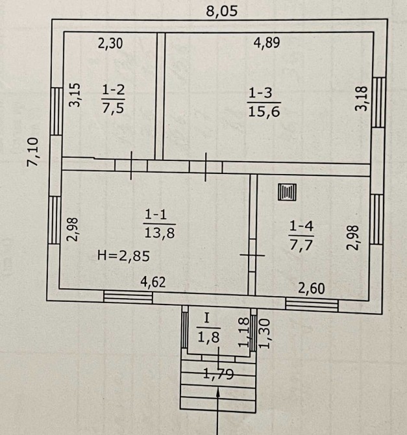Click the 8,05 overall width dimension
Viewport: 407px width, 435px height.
click(x=222, y=12)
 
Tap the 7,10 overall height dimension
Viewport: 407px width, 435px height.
click(x=32, y=152)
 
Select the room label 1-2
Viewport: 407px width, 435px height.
click(x=114, y=90)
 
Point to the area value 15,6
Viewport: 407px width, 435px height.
click(x=264, y=112)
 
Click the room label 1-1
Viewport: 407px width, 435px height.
click(x=156, y=214)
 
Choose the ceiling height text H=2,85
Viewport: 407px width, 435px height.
click(x=123, y=256)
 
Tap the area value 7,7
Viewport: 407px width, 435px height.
click(x=301, y=245)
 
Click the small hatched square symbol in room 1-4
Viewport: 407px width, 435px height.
click(x=287, y=192)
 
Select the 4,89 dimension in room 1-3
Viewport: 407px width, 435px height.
click(x=267, y=43)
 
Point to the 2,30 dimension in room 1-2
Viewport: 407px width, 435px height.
click(x=110, y=44)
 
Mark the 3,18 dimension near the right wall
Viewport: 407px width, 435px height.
click(x=362, y=99)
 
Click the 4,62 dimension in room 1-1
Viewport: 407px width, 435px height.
click(x=153, y=282)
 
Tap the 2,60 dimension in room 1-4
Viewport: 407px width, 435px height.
click(x=312, y=289)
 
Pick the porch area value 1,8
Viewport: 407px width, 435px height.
click(x=208, y=338)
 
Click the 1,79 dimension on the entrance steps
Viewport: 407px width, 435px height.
click(x=218, y=374)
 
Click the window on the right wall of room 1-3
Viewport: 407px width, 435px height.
click(x=378, y=103)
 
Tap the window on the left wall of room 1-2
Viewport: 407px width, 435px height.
click(x=56, y=111)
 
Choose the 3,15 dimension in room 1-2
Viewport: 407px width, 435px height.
click(x=75, y=95)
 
